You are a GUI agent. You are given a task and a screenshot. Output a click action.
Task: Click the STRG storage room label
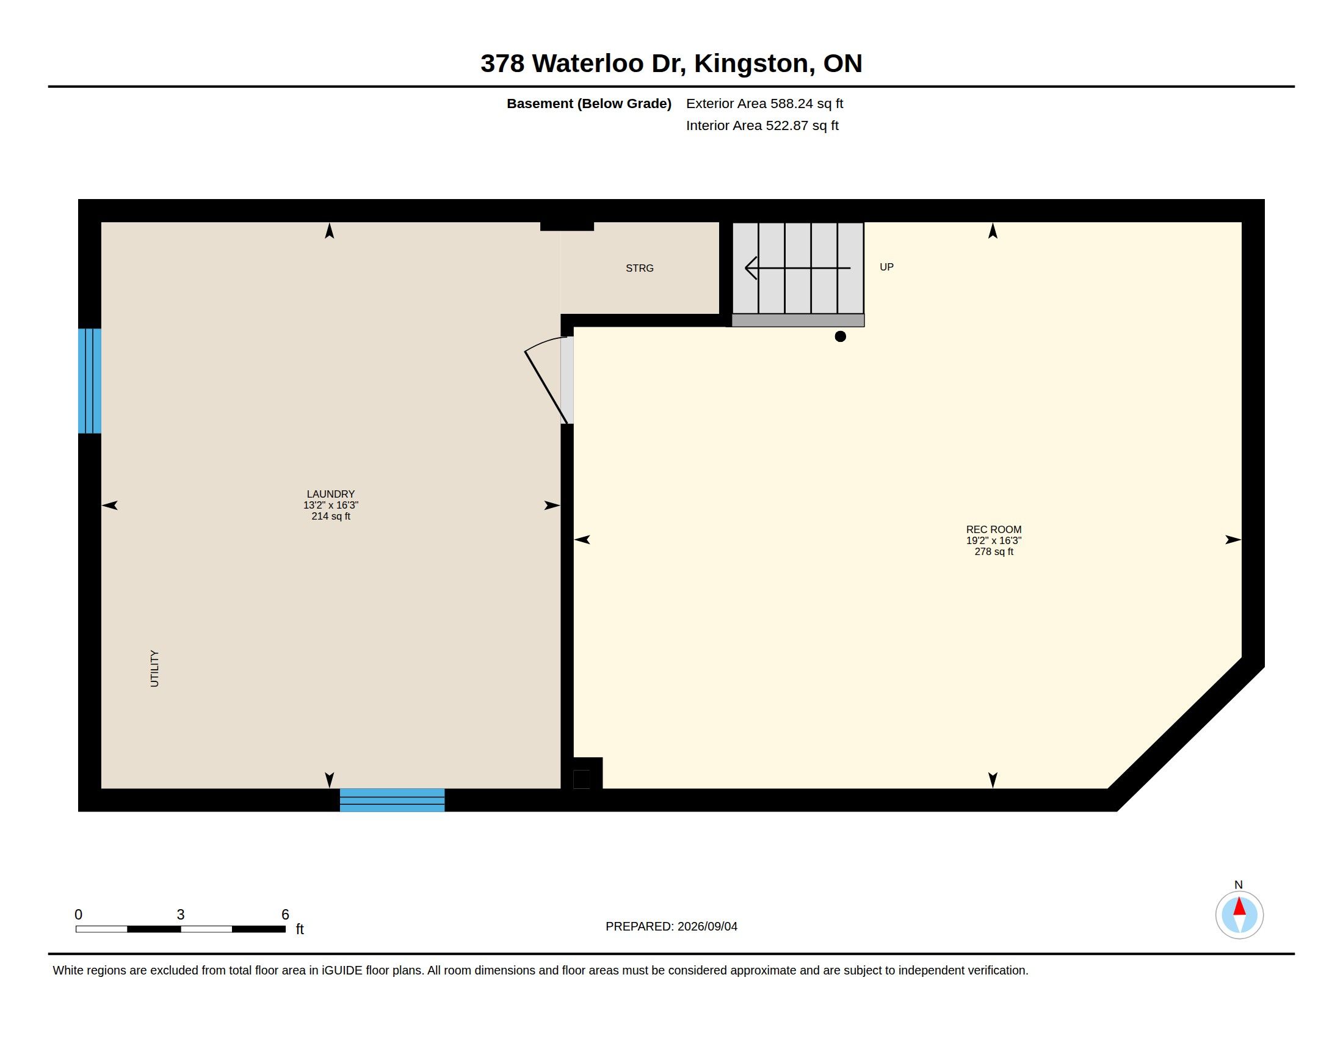pos(640,268)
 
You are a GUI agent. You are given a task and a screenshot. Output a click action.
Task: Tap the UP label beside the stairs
pos(886,267)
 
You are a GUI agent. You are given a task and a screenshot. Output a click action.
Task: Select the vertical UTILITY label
pos(154,669)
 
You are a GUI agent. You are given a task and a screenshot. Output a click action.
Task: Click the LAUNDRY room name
pos(331,494)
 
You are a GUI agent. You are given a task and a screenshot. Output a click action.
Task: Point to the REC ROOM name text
pos(994,529)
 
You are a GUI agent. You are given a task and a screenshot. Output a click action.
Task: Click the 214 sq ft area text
pos(331,517)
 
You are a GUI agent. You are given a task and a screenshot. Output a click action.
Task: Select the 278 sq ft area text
pos(994,552)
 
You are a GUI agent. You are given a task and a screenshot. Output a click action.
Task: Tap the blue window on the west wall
pos(90,381)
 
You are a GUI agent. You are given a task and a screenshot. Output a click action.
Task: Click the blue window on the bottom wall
pos(393,800)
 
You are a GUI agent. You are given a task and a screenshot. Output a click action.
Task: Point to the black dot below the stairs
pos(840,336)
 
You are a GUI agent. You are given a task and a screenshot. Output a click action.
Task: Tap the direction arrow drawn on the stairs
pos(798,268)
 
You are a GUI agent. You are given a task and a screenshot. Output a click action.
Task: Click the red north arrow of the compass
pos(1240,906)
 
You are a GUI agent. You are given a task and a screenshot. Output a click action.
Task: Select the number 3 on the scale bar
pos(181,915)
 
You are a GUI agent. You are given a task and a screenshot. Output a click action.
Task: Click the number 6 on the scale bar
pos(285,915)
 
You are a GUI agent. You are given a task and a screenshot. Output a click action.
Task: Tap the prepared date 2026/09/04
pos(707,926)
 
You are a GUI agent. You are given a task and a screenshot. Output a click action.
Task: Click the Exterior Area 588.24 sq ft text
pos(764,103)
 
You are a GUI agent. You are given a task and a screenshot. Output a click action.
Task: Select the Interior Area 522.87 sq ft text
pos(762,125)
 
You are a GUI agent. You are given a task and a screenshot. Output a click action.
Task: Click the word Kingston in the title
pos(751,64)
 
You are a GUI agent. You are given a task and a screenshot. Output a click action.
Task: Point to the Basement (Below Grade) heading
pos(589,103)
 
